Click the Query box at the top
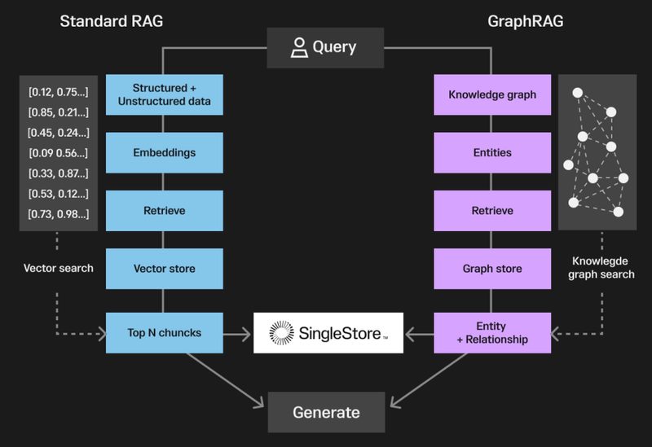(x=325, y=47)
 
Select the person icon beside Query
(x=298, y=47)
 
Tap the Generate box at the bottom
(x=325, y=412)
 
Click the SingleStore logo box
(x=328, y=332)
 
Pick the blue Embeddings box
(x=164, y=152)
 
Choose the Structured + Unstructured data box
(x=164, y=94)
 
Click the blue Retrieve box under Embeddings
(x=164, y=211)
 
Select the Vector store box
(x=164, y=268)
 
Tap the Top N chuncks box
(x=164, y=332)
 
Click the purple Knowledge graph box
(x=492, y=94)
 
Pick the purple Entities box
(x=492, y=152)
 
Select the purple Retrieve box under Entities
(x=492, y=211)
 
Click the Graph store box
(x=492, y=268)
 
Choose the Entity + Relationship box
(x=492, y=332)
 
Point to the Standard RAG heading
(x=112, y=20)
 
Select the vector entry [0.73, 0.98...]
(x=58, y=213)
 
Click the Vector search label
(x=58, y=268)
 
